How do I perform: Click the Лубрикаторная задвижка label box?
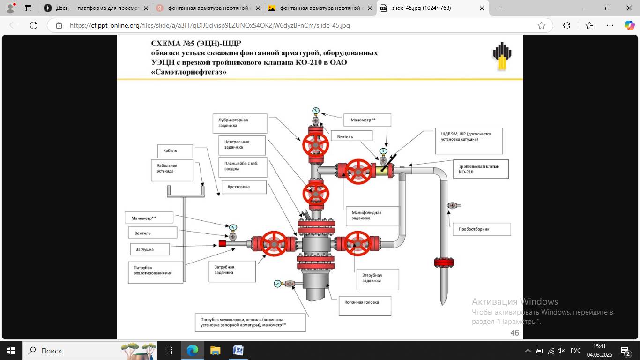[239, 123]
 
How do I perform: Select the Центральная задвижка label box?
[242, 145]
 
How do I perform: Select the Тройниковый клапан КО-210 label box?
[480, 169]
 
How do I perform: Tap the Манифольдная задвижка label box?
[372, 216]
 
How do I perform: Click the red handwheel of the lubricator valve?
[315, 145]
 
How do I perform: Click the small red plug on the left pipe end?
[223, 243]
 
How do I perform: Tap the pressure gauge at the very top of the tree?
[315, 111]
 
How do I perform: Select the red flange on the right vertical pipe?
[443, 262]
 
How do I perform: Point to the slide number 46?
[514, 333]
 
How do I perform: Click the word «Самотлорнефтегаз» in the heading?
[188, 72]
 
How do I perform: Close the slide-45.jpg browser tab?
[482, 8]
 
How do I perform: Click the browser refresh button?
[33, 25]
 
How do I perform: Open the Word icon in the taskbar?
[238, 351]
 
